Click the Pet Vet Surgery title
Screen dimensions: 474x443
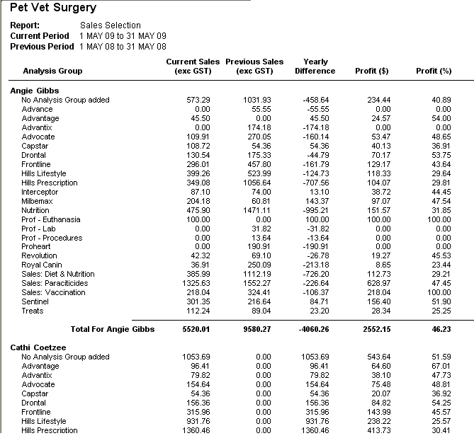[53, 8]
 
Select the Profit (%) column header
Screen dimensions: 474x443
[434, 71]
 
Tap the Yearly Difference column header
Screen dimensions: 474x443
[315, 66]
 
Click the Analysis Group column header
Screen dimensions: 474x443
[52, 71]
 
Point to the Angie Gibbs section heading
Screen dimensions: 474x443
[35, 91]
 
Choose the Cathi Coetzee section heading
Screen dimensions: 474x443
[38, 347]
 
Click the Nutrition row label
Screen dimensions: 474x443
[35, 210]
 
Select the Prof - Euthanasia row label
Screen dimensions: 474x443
[51, 219]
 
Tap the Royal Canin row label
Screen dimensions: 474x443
[42, 265]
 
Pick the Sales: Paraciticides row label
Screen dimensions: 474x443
[55, 283]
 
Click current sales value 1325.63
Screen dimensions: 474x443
[196, 283]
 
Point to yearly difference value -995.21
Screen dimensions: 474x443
[315, 210]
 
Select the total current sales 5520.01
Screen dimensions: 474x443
[196, 329]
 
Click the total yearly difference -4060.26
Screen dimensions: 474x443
[314, 329]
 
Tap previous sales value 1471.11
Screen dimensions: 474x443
[257, 210]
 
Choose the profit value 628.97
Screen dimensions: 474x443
[379, 283]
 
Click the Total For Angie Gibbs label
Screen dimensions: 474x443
[113, 329]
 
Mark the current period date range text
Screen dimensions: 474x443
[123, 36]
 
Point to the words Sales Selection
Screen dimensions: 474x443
[111, 25]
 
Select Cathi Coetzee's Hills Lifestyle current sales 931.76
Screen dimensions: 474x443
[198, 421]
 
